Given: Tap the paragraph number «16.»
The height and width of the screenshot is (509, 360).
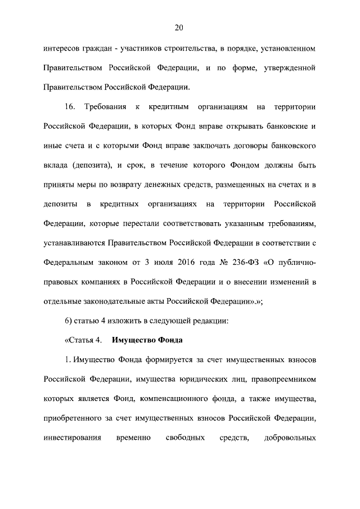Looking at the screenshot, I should [71, 107].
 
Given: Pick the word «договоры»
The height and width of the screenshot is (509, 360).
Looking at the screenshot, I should [249, 146].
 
